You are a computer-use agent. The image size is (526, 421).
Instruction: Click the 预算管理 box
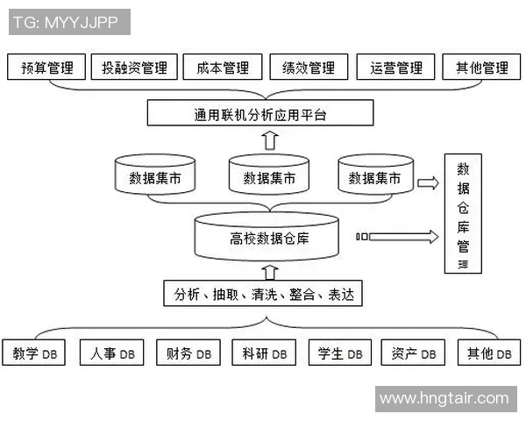coord(46,68)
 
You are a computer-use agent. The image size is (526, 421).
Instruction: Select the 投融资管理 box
coord(134,68)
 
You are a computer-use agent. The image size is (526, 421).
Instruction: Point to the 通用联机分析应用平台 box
coord(259,113)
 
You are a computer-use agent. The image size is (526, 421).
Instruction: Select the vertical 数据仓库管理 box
coord(463,215)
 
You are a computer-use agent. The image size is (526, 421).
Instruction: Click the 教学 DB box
coord(35,353)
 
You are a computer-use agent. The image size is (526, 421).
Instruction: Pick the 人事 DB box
coord(112,353)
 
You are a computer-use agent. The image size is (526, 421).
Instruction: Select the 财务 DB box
coord(188,353)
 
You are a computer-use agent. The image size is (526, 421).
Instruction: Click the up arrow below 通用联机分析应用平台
coord(270,139)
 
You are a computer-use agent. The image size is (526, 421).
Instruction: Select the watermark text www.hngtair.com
coord(444,398)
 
